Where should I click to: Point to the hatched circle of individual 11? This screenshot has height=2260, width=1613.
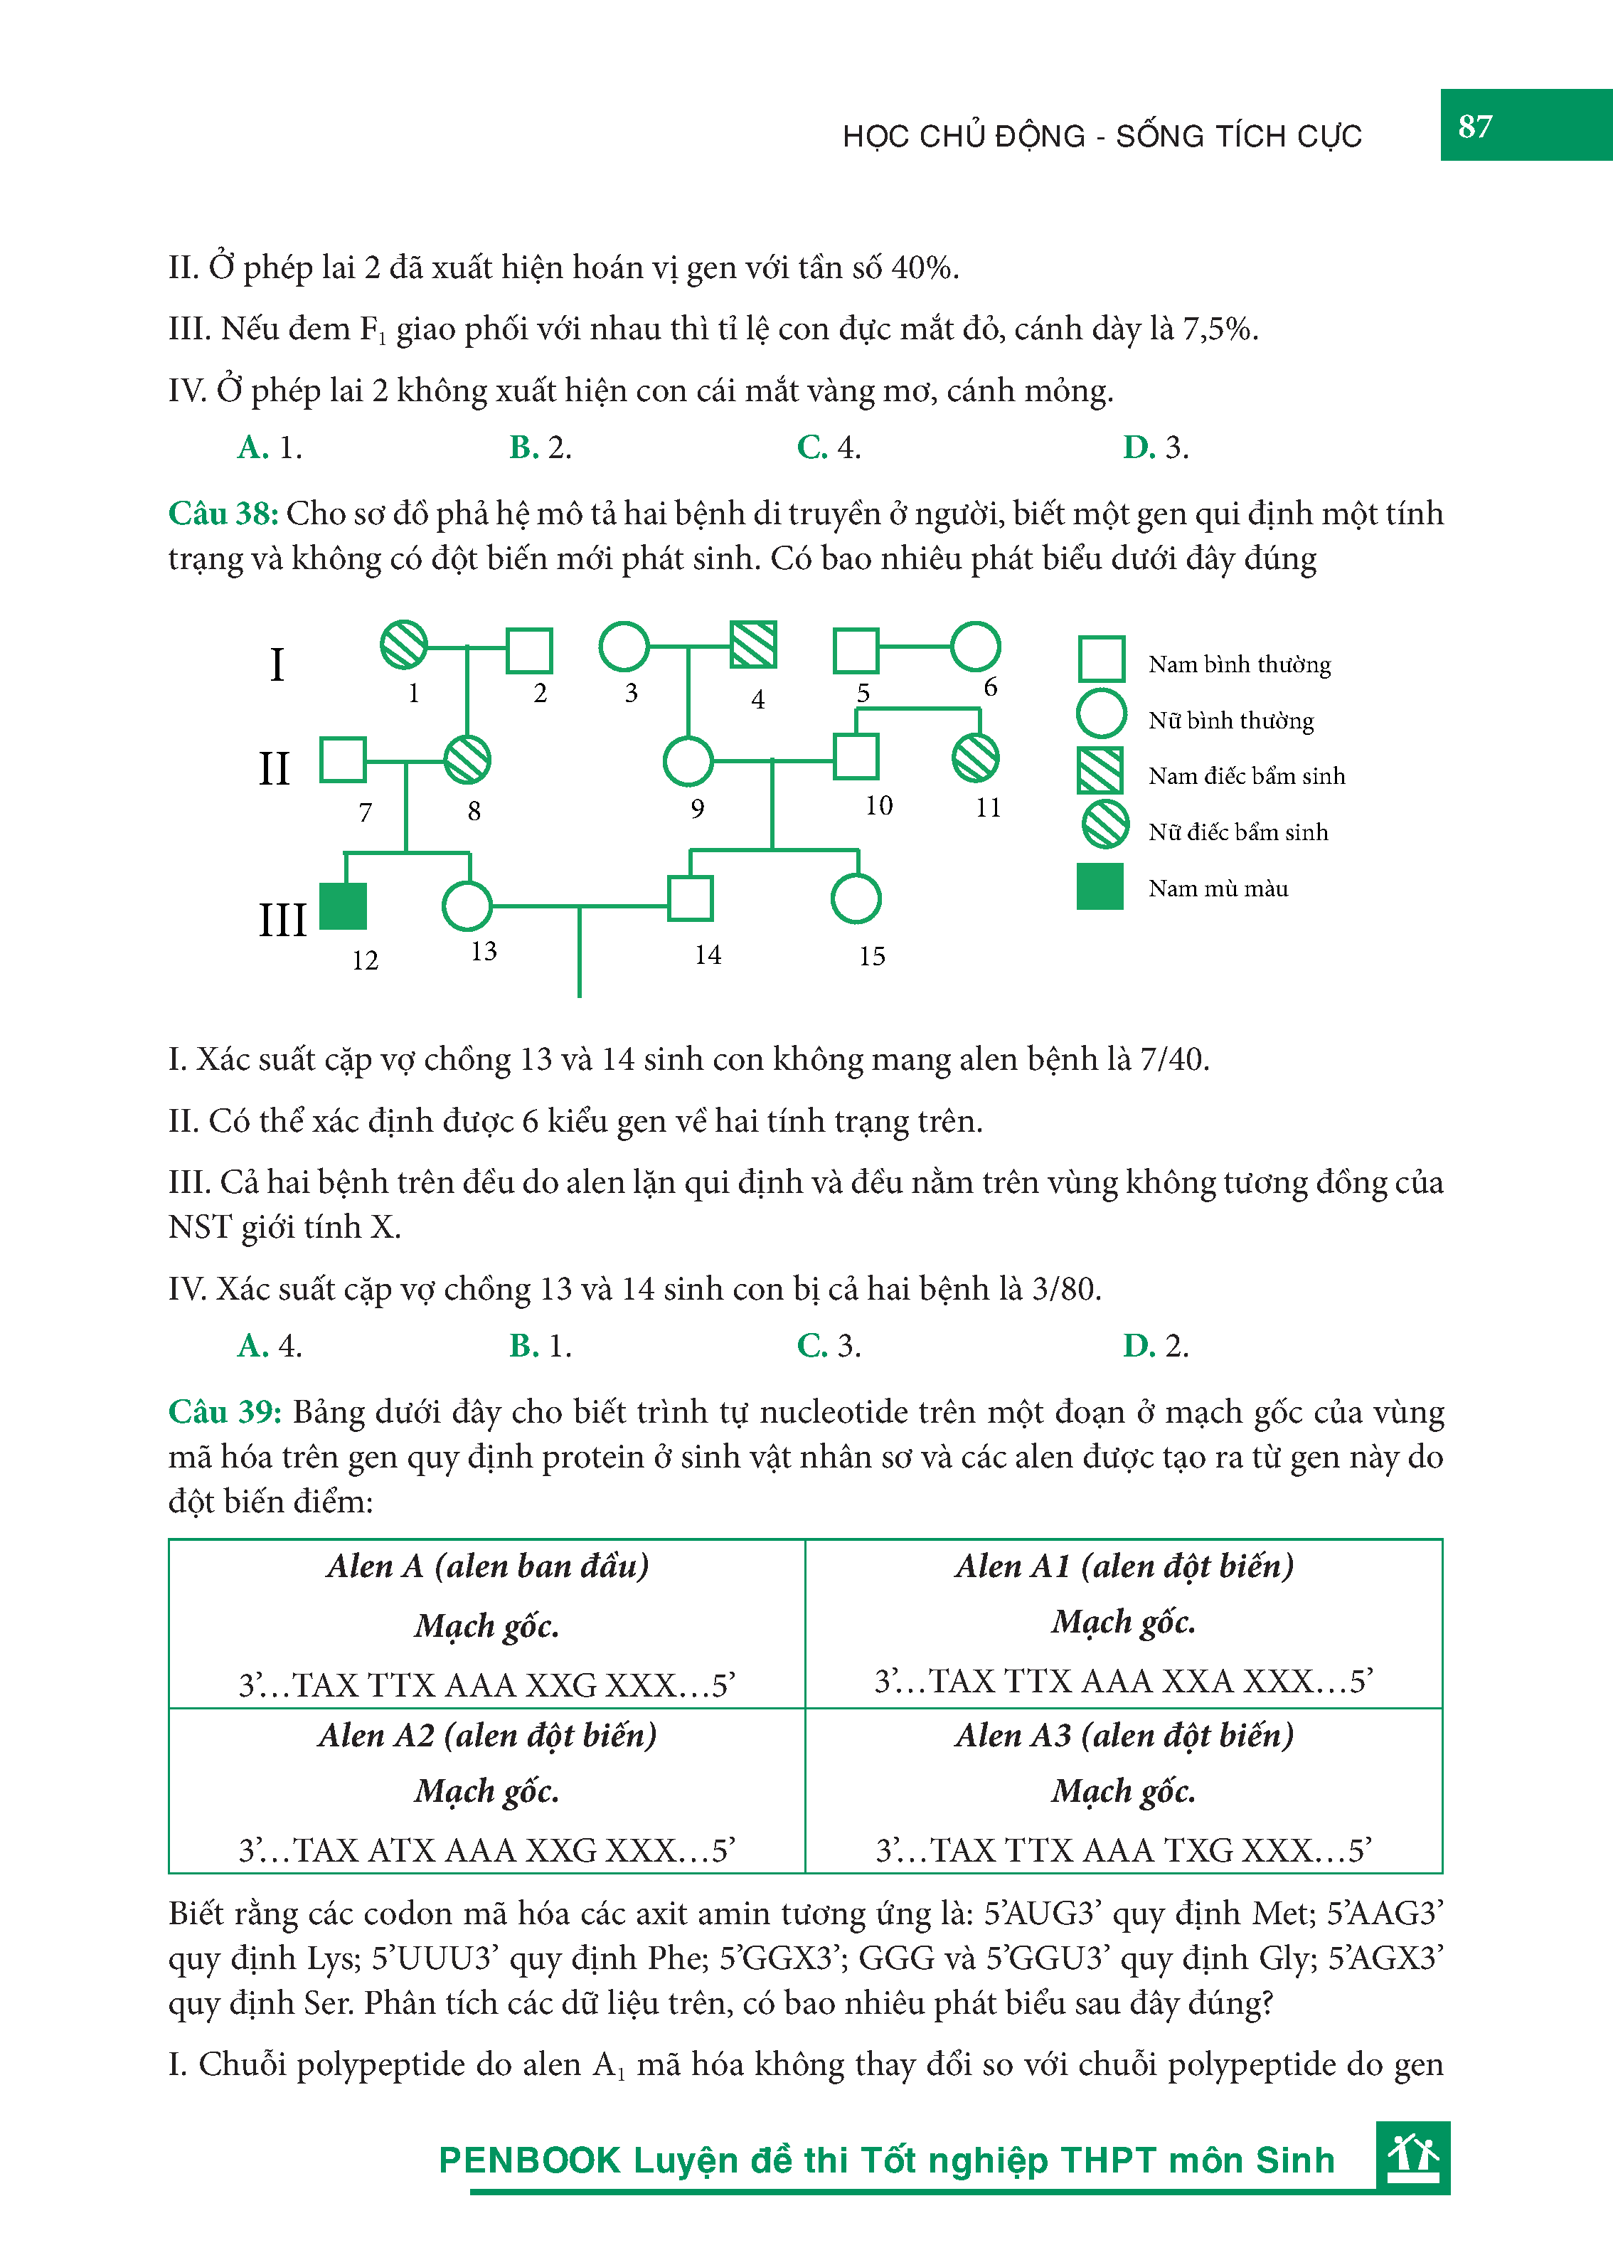click(974, 758)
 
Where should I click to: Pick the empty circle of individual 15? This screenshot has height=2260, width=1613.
click(855, 899)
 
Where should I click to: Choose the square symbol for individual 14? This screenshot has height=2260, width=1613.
click(691, 899)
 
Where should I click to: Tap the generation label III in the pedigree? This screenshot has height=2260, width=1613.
click(282, 920)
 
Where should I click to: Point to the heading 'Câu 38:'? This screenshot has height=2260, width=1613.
click(223, 514)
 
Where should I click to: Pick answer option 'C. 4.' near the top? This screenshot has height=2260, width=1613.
click(829, 448)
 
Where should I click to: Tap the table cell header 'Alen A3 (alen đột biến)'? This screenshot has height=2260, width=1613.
click(1124, 1736)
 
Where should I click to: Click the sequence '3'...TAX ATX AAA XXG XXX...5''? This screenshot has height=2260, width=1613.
click(486, 1850)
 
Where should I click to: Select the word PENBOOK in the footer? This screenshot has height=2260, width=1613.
click(529, 2160)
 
